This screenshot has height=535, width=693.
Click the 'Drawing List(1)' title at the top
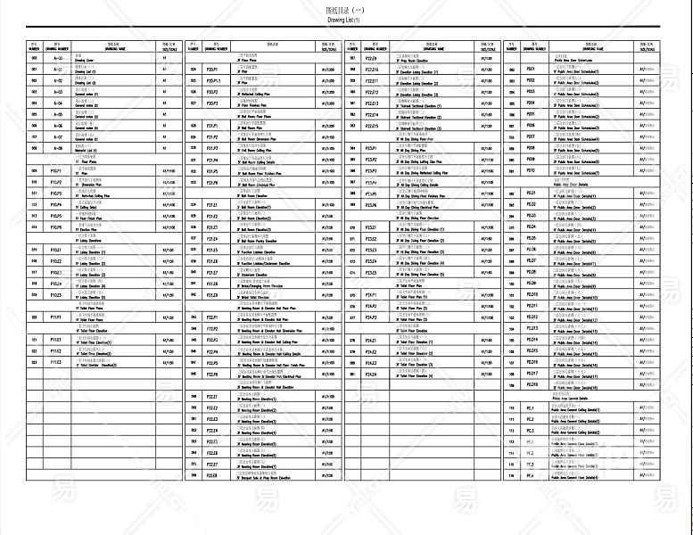point(342,19)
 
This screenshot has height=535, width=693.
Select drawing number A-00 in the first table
point(57,58)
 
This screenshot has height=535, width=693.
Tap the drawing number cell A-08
point(57,149)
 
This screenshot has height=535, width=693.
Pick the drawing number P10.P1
point(55,170)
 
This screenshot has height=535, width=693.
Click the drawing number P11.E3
point(55,362)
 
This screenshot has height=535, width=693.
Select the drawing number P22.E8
point(212,475)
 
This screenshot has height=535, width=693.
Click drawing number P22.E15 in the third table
point(373,126)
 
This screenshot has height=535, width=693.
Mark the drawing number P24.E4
point(373,374)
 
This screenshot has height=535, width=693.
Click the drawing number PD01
point(532,69)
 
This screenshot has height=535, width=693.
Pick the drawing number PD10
point(532,169)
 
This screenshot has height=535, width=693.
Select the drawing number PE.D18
point(532,384)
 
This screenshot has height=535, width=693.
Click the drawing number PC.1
point(530,408)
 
